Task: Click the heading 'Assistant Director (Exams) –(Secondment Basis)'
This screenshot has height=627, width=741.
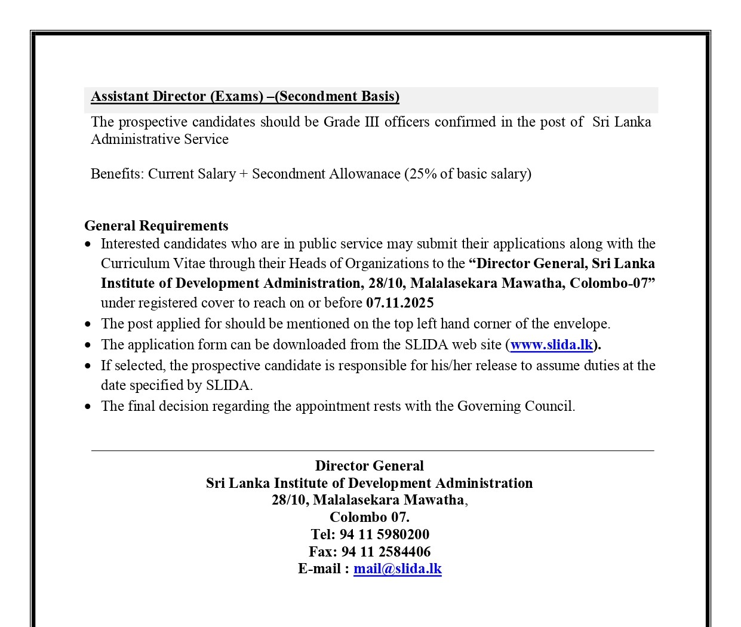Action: click(245, 97)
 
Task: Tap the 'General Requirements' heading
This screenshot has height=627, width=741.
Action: click(156, 226)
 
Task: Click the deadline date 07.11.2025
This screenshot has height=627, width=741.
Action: click(399, 303)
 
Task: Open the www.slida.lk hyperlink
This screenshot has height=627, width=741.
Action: click(551, 345)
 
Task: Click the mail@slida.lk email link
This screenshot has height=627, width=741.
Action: click(397, 568)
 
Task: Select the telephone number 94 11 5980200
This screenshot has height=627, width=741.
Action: click(384, 534)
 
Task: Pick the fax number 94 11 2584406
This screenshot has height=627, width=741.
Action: click(386, 552)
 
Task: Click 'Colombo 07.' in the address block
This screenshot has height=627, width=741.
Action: click(369, 517)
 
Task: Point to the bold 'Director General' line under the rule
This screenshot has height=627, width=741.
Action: click(369, 466)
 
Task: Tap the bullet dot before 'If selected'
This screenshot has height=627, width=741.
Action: click(88, 366)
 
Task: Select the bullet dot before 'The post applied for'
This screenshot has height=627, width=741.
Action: click(88, 324)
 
